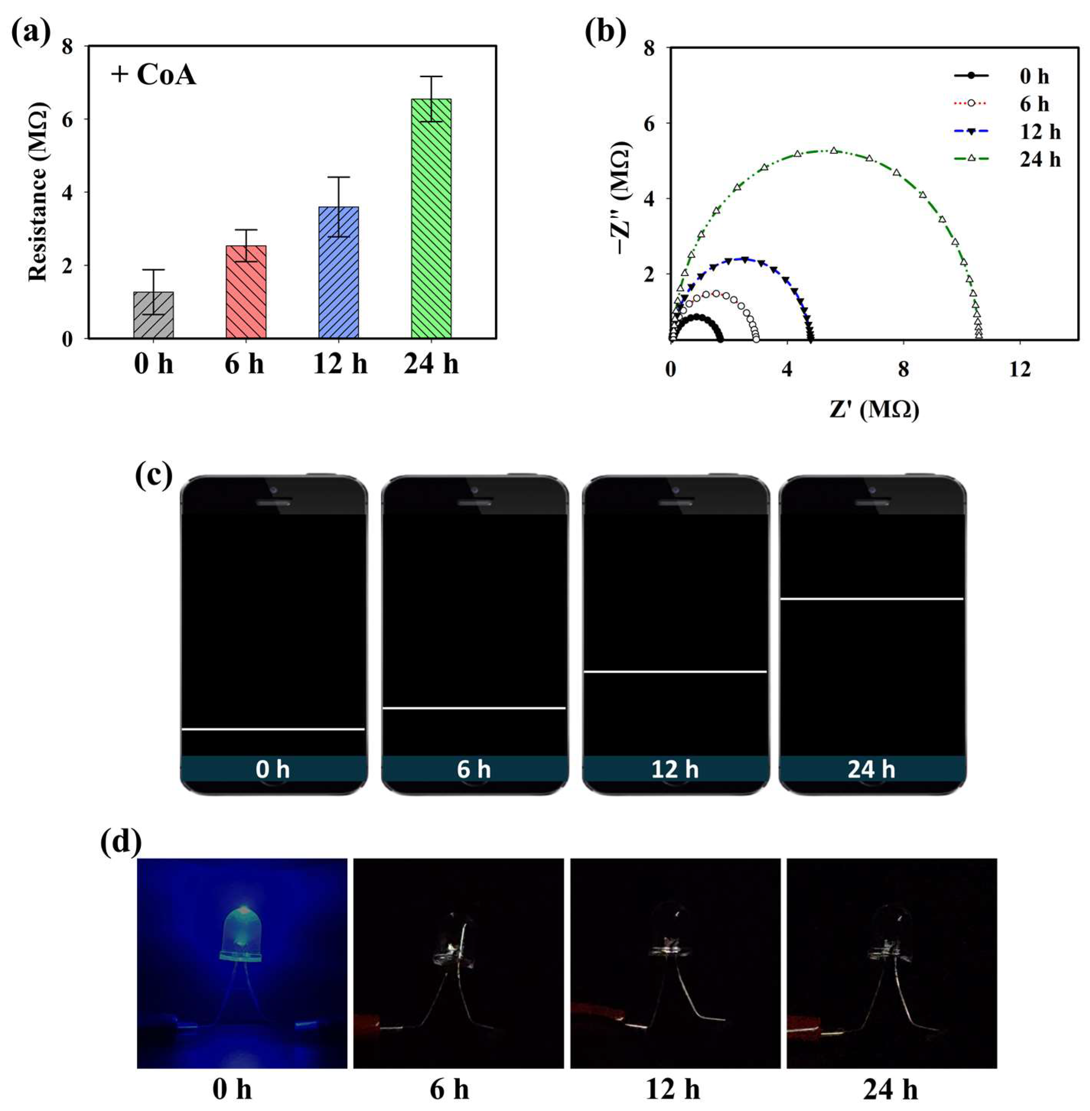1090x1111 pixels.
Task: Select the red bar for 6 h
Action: click(246, 292)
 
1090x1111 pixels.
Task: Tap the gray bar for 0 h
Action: click(153, 315)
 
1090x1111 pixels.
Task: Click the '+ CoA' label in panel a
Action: click(153, 75)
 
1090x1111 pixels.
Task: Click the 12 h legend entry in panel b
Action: click(1007, 132)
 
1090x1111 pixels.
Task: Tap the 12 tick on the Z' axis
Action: click(1020, 370)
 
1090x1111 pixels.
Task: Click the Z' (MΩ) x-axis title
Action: click(874, 410)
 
